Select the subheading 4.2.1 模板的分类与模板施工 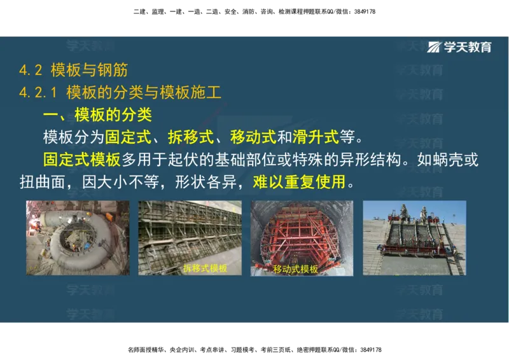120,93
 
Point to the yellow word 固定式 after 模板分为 128,137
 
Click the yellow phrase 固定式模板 81,160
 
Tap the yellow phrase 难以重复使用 299,183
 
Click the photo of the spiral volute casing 78,238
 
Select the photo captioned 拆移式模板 190,238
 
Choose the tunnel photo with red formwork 302,238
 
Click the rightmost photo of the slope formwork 414,238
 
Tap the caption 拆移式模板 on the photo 205,268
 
